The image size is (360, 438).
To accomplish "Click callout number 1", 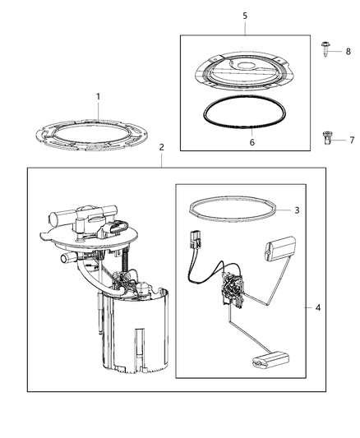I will (98, 97).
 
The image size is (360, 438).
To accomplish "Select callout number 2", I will (161, 147).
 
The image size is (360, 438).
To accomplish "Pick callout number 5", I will (244, 15).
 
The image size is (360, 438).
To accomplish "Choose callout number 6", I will (252, 142).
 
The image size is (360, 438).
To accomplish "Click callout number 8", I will (348, 52).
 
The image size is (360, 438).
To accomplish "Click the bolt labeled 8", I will (326, 52).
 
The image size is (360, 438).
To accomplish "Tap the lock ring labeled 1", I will (95, 139).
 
